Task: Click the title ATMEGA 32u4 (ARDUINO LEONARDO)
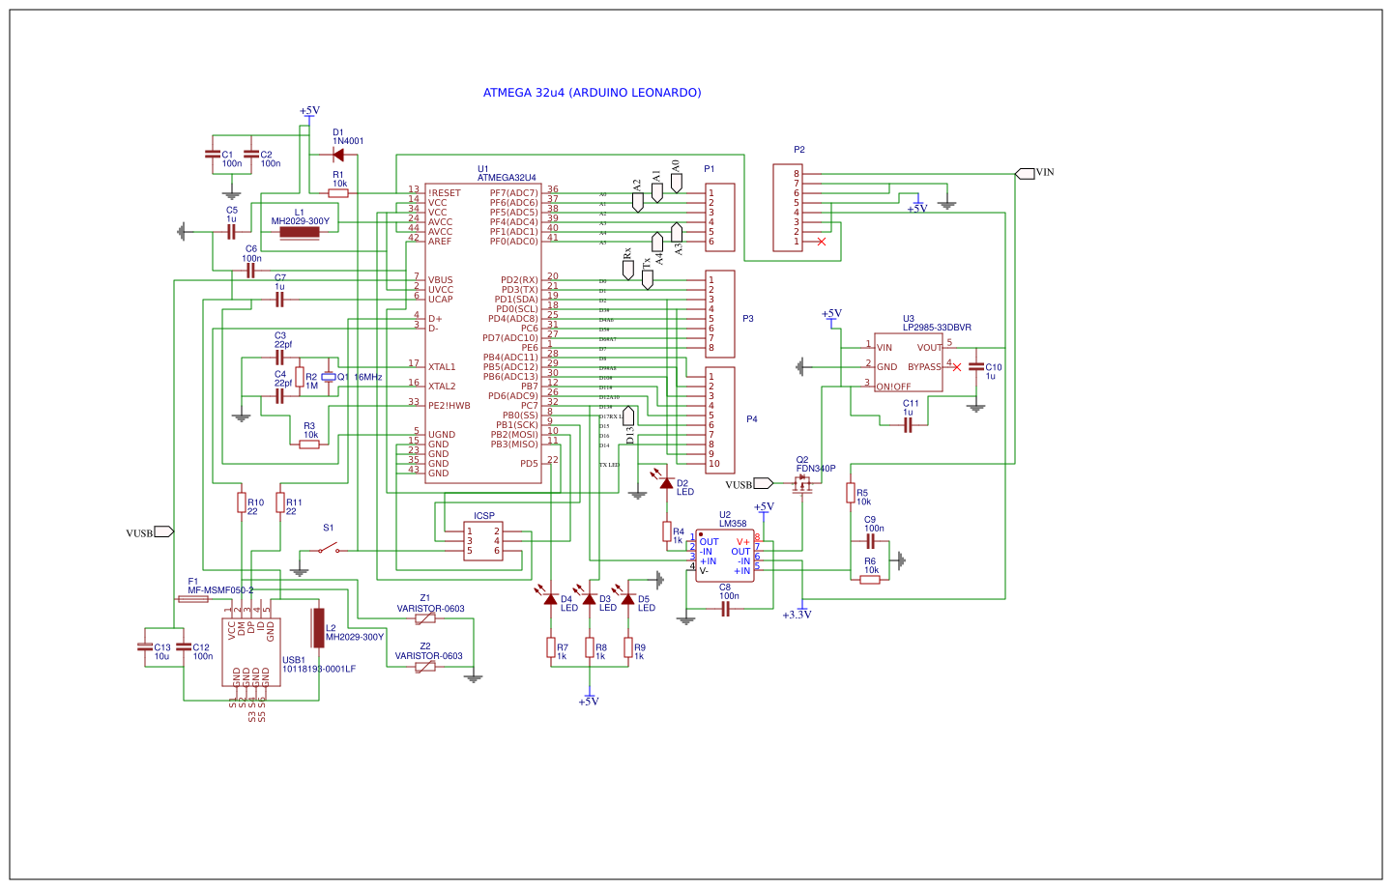(592, 93)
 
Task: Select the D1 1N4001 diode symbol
(338, 155)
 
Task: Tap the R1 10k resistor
(338, 193)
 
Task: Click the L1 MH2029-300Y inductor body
(300, 232)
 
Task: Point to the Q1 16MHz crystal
(329, 377)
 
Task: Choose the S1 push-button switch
(329, 550)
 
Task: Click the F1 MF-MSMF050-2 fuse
(193, 599)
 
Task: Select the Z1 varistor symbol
(425, 618)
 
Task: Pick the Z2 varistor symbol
(425, 666)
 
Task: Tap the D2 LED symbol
(666, 482)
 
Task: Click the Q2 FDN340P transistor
(802, 485)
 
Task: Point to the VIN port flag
(1026, 173)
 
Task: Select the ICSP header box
(483, 541)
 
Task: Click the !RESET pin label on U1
(445, 193)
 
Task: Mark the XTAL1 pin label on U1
(442, 367)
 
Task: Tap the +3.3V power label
(797, 615)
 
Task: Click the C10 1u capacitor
(976, 367)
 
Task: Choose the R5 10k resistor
(851, 494)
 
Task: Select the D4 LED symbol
(551, 599)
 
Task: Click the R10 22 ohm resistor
(242, 502)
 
